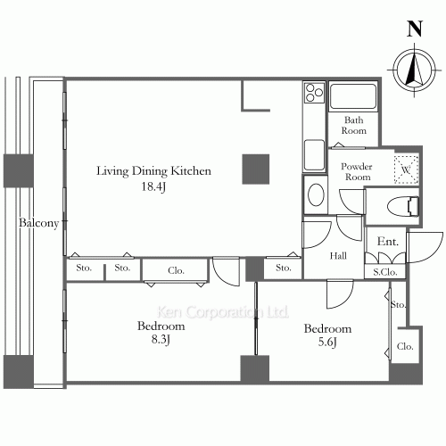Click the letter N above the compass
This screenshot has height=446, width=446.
pos(415,29)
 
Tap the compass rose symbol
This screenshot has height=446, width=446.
pos(414,70)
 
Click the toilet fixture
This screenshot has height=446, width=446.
pos(403,205)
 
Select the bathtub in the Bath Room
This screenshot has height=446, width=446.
pos(353,96)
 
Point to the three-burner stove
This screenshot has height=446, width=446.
pos(314,93)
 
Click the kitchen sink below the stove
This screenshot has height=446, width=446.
pos(314,155)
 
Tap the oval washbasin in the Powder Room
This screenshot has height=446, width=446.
pos(316,194)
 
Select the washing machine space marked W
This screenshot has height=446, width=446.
pos(406,169)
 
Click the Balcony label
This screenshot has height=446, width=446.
pos(39,223)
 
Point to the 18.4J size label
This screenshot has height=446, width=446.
pos(153,186)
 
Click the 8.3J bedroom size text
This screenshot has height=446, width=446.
pos(161,339)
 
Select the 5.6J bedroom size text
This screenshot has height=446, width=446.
pos(327,342)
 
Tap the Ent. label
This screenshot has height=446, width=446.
pos(388,241)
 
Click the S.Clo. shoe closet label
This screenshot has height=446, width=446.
pos(385,272)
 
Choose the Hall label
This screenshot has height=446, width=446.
pos(338,256)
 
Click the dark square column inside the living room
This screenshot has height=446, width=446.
pos(256,169)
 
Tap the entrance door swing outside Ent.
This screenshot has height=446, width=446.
pos(425,247)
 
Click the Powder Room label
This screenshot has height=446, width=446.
pos(357,171)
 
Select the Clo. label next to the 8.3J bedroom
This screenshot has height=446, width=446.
pos(176,270)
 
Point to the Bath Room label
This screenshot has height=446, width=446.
pos(353,125)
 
